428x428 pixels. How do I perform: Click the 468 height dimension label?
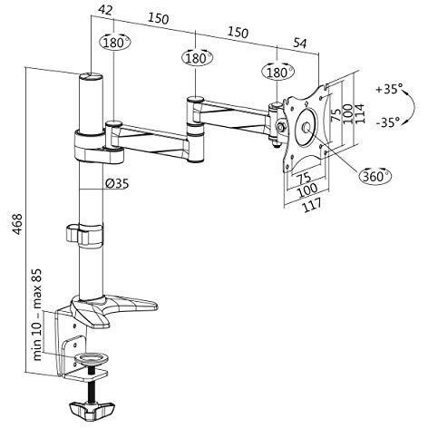(x=17, y=224)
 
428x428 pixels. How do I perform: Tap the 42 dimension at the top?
(x=105, y=10)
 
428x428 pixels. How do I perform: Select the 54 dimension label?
(x=300, y=43)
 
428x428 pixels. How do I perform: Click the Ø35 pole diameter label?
(x=117, y=183)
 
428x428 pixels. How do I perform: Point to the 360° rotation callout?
(x=375, y=175)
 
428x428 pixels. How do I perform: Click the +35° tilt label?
(x=389, y=89)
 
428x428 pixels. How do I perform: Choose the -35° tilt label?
(x=388, y=122)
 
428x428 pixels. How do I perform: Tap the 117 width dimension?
(x=312, y=206)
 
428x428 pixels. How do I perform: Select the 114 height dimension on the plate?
(x=360, y=113)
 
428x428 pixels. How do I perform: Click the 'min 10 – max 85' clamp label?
(x=37, y=315)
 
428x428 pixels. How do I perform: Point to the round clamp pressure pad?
(x=92, y=358)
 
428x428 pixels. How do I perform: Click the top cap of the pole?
(x=91, y=76)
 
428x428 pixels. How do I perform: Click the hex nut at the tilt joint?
(x=281, y=127)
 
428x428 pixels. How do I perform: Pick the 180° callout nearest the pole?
(x=114, y=43)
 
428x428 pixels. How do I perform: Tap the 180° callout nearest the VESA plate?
(x=277, y=73)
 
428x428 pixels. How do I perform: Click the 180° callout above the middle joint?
(x=197, y=58)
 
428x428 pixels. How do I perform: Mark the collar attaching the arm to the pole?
(x=98, y=147)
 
